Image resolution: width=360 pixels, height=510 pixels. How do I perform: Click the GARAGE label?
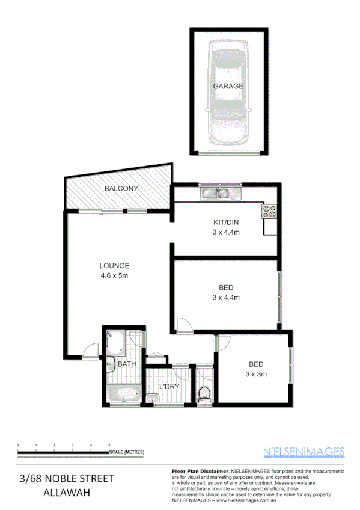(228, 86)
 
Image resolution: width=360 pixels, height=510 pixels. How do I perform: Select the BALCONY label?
(121, 188)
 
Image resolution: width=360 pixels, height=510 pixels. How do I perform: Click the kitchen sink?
(220, 193)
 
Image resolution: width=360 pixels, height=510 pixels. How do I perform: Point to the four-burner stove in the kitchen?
(269, 212)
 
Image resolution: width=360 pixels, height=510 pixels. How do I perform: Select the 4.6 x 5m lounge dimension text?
(114, 275)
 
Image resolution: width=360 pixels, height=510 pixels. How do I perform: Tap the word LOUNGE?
(114, 266)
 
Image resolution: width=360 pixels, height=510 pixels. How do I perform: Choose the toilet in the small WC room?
(204, 393)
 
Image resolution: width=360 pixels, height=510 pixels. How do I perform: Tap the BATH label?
(126, 364)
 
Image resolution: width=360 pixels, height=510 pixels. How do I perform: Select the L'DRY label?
(169, 386)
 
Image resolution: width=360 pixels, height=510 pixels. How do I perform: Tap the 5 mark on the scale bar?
(109, 444)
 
